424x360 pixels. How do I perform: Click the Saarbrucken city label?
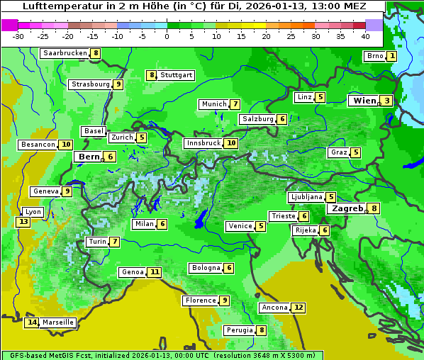(x=65, y=53)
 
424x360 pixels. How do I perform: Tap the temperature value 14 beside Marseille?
(x=31, y=322)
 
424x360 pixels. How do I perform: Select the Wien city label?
(x=364, y=101)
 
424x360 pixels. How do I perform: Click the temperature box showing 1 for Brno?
(x=391, y=56)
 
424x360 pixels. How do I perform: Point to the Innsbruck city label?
(x=203, y=143)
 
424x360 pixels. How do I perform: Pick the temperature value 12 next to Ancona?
(x=299, y=308)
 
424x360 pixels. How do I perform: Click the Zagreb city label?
(x=347, y=208)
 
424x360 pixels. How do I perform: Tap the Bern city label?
(x=89, y=157)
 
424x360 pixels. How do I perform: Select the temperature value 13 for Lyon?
(x=23, y=222)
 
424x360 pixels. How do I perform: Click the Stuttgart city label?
(x=176, y=75)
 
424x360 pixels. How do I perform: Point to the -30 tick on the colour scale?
(x=18, y=36)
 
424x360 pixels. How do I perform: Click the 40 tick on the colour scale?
(x=365, y=36)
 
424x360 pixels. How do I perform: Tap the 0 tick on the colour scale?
(x=167, y=36)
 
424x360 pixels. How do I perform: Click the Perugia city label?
(x=239, y=330)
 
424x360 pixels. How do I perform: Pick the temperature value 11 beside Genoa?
(x=155, y=272)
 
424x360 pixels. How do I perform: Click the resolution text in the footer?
(x=262, y=355)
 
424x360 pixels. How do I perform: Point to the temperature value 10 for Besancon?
(x=66, y=145)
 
